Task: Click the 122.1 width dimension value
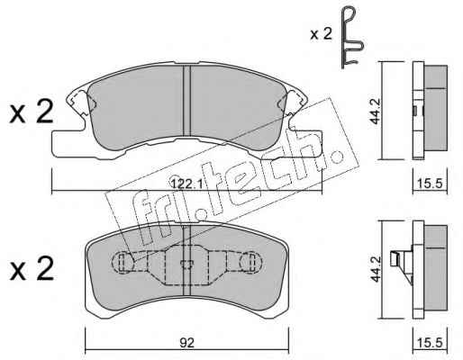pos(186,183)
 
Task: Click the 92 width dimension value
pos(186,343)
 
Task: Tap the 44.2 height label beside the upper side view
pos(375,111)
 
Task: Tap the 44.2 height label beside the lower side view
pos(375,269)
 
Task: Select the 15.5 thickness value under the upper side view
pos(430,183)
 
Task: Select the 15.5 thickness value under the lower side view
pos(430,343)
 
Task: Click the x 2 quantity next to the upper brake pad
pos(32,112)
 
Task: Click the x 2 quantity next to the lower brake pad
pos(32,269)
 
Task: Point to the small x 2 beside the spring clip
pos(321,34)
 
